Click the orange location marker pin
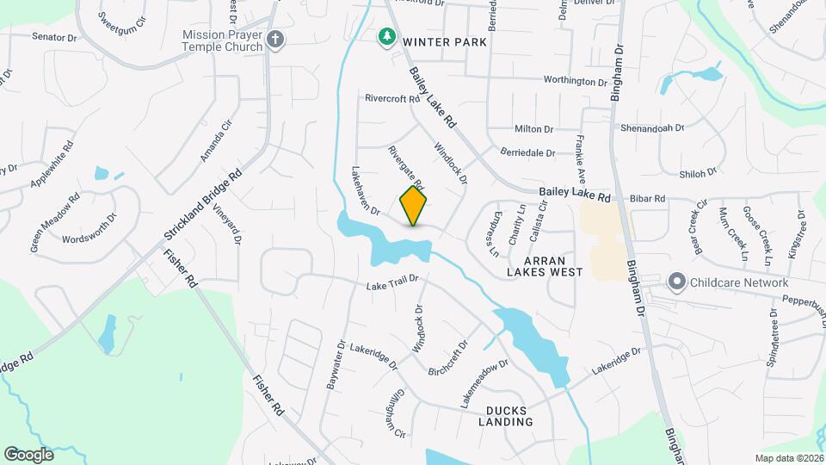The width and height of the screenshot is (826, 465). (x=414, y=206)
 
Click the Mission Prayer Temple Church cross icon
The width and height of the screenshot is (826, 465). (x=275, y=39)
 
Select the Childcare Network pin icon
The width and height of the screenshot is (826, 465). (x=677, y=282)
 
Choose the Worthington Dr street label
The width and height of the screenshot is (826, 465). (x=575, y=81)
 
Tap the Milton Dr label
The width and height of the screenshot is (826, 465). (x=533, y=129)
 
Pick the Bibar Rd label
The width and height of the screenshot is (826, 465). (x=647, y=198)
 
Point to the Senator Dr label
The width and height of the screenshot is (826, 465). (x=54, y=37)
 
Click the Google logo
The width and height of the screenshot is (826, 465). (x=28, y=454)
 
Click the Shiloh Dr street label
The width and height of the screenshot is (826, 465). (x=699, y=173)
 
